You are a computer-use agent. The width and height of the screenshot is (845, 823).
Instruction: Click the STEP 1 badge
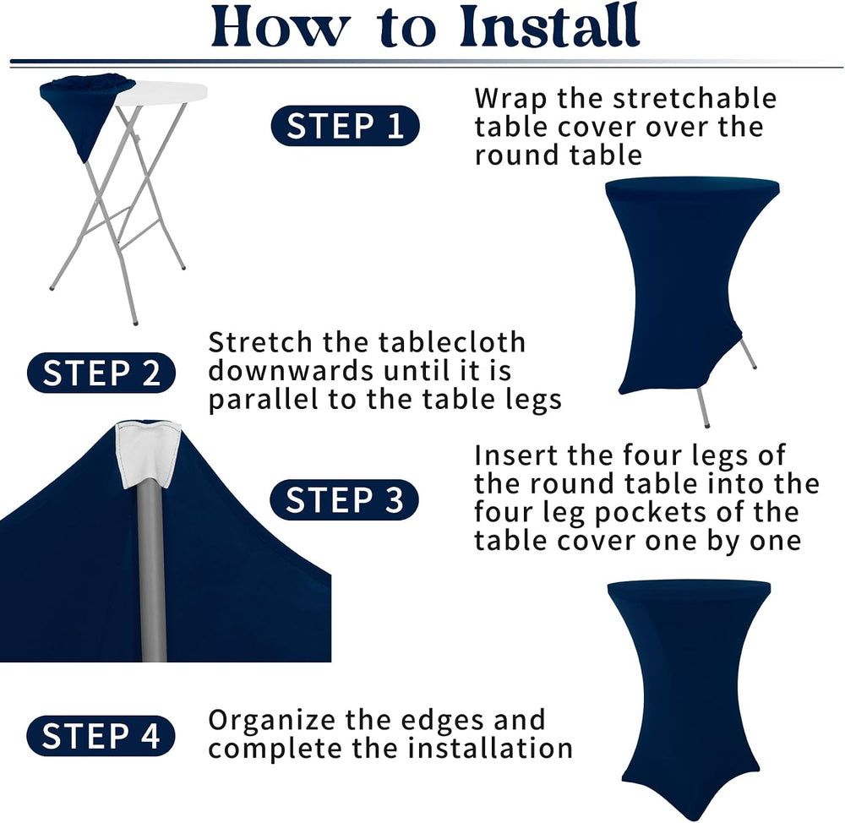point(345,126)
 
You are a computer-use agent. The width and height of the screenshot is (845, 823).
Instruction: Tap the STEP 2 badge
point(101,373)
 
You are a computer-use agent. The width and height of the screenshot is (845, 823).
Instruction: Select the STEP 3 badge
point(345,499)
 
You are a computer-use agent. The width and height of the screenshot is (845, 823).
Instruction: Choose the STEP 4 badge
point(101,736)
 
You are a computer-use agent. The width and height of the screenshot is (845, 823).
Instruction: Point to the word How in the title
point(280,26)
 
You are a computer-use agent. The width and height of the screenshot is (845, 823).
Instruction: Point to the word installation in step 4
point(489,748)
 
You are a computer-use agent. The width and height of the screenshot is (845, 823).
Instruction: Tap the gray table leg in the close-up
point(152,571)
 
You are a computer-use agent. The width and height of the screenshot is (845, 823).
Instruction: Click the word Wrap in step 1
point(510,100)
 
